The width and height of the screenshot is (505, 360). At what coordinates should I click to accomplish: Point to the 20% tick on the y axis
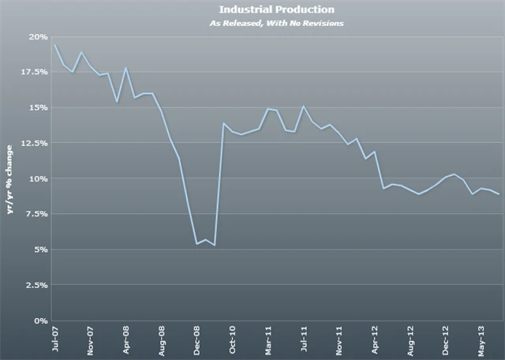(x=38, y=36)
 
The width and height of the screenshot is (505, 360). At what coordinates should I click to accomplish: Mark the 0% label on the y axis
(x=40, y=321)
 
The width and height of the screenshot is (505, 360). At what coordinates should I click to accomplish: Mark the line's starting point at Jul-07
(x=54, y=45)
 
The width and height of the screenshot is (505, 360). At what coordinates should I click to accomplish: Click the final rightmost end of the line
(x=499, y=194)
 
